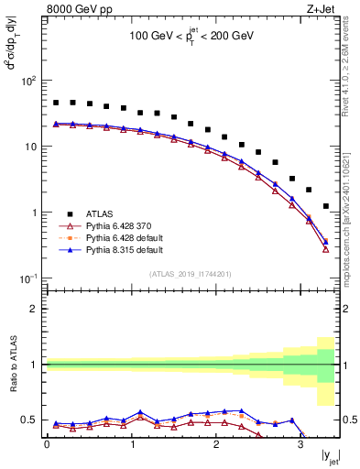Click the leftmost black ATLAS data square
pyautogui.click(x=56, y=104)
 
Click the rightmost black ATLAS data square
pyautogui.click(x=326, y=206)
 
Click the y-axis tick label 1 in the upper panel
pyautogui.click(x=35, y=213)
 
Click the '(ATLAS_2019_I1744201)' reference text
pyautogui.click(x=191, y=273)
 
